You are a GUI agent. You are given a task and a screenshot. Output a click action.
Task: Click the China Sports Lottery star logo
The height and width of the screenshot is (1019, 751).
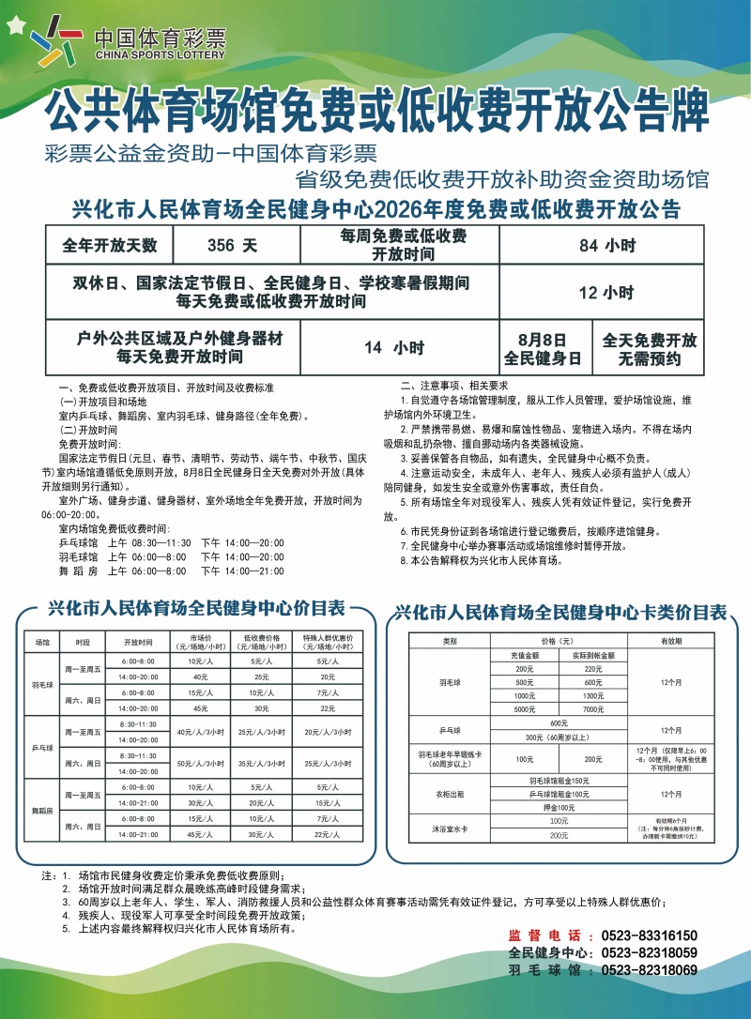tap(56, 43)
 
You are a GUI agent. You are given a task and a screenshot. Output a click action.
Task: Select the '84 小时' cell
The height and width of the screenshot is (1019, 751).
tap(607, 247)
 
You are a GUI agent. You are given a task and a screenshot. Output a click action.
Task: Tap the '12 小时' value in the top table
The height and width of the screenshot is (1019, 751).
tap(607, 292)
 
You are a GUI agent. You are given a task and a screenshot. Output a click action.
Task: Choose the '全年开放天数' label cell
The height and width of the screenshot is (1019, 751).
tap(110, 247)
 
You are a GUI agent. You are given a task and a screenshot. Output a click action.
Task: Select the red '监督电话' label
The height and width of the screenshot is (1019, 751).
tap(544, 935)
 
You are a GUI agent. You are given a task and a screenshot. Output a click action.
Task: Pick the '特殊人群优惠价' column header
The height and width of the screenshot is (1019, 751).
tap(327, 643)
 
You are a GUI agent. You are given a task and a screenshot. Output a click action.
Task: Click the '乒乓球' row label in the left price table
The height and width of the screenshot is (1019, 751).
tap(41, 748)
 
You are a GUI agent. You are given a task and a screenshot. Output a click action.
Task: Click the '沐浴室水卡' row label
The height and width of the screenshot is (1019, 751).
tap(449, 828)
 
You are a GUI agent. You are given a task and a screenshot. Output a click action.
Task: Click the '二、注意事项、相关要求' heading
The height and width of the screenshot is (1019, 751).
tap(454, 385)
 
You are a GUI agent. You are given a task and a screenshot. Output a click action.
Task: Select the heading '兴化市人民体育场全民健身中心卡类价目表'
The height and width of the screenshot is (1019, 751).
tap(560, 613)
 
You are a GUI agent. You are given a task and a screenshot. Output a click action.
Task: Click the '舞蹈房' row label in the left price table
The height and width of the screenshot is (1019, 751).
tap(41, 809)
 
